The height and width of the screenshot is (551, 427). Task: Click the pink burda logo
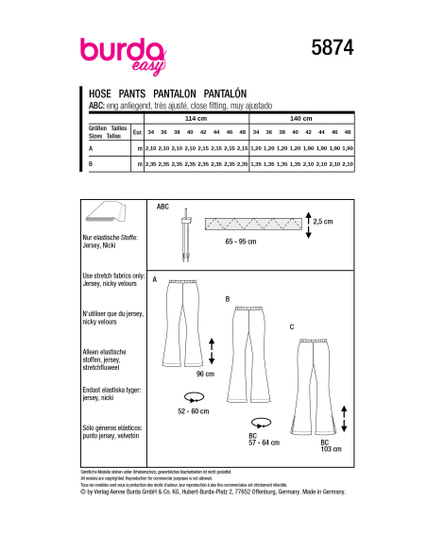120,54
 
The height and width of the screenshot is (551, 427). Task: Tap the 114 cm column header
195,120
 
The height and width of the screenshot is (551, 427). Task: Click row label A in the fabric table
91,148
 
